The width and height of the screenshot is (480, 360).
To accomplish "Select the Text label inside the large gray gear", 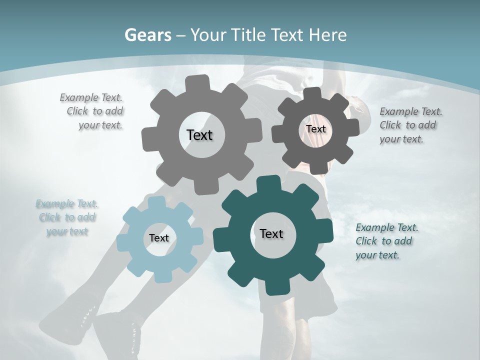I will pyautogui.click(x=199, y=135).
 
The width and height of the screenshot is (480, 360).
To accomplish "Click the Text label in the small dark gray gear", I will pyautogui.click(x=315, y=129).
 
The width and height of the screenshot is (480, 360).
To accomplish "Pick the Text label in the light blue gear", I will pyautogui.click(x=159, y=238).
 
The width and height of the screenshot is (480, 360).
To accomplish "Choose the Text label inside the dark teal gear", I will pyautogui.click(x=271, y=233).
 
